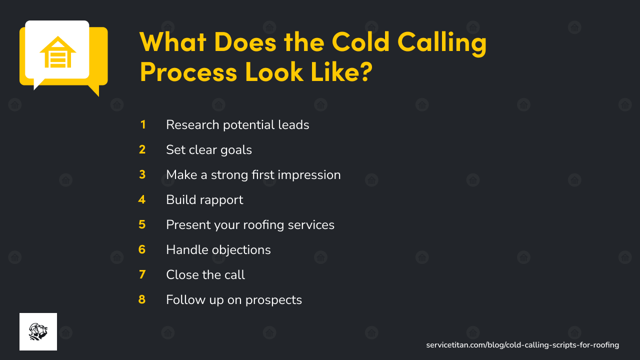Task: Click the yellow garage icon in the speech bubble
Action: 57,51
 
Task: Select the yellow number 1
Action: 143,124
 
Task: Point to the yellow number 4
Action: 142,199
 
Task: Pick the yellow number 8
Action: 142,299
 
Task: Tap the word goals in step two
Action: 236,149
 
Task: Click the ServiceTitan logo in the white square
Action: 38,331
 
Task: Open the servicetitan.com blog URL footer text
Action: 522,345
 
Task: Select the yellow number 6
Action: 142,249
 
